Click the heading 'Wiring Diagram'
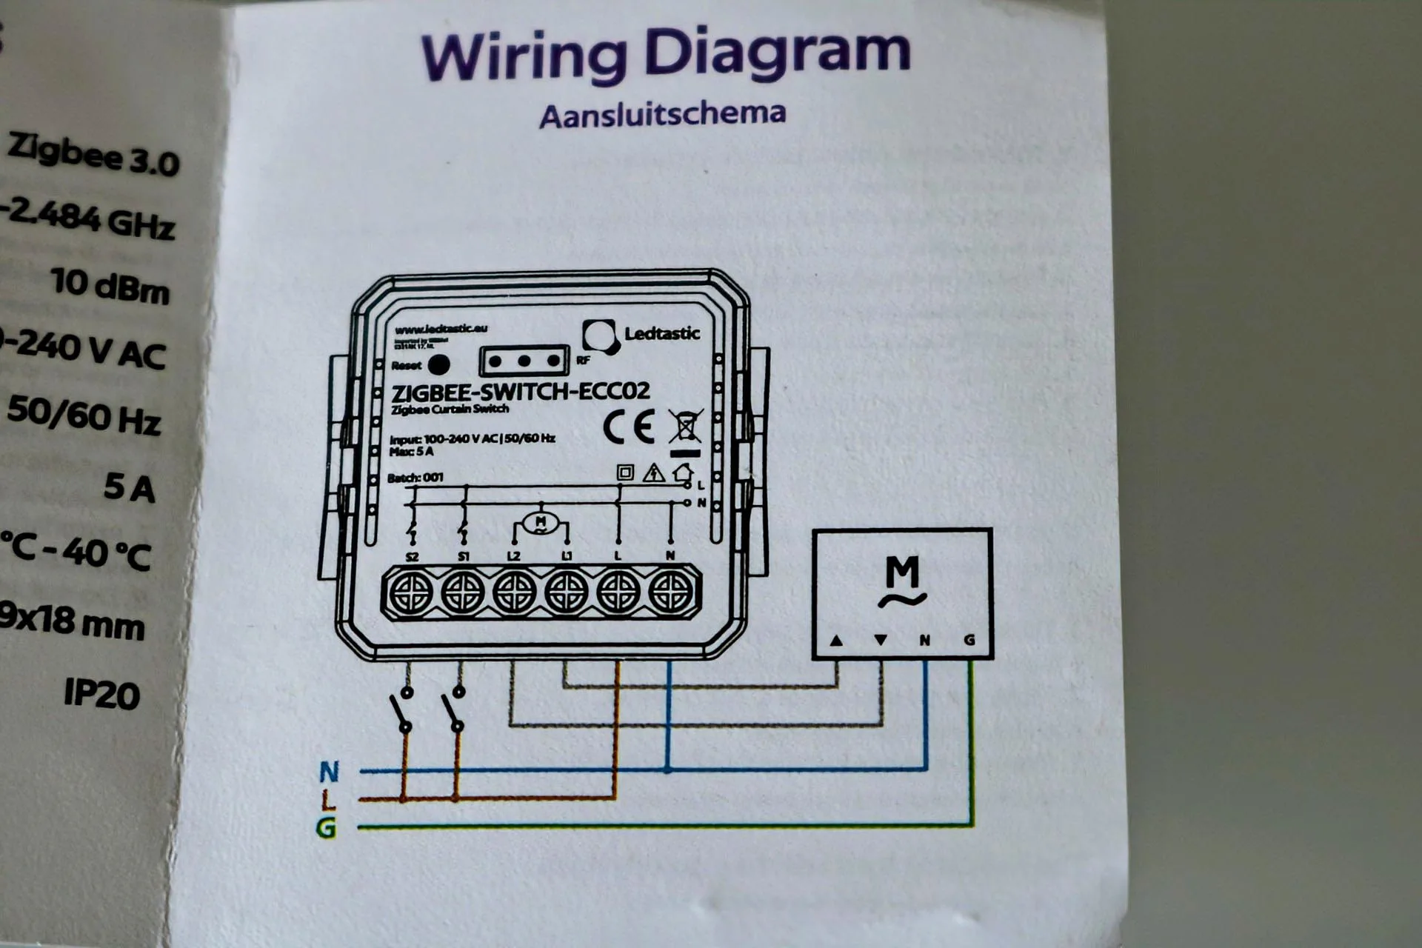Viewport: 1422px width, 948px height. pos(665,53)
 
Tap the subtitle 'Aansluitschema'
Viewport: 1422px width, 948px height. pos(662,116)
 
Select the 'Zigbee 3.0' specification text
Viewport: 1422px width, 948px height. pos(93,154)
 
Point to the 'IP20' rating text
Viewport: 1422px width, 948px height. pos(101,693)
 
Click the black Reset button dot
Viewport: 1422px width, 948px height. pos(439,364)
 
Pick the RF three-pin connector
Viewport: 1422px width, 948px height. pos(524,361)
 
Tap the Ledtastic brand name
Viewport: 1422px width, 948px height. pos(662,333)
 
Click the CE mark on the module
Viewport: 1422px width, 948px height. pos(629,427)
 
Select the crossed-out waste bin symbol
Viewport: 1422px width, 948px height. pos(685,427)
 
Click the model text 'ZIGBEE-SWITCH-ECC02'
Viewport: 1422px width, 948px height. pos(521,391)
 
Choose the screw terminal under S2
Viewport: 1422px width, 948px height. pos(411,593)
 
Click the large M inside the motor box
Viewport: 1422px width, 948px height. pos(902,572)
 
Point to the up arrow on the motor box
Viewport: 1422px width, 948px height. pos(836,640)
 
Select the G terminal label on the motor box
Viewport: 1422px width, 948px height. pos(969,640)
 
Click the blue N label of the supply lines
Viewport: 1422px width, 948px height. pos(329,772)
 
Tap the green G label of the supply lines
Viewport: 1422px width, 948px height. pos(327,827)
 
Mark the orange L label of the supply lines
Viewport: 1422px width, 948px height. pos(329,799)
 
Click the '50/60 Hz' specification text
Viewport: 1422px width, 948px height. pos(84,416)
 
